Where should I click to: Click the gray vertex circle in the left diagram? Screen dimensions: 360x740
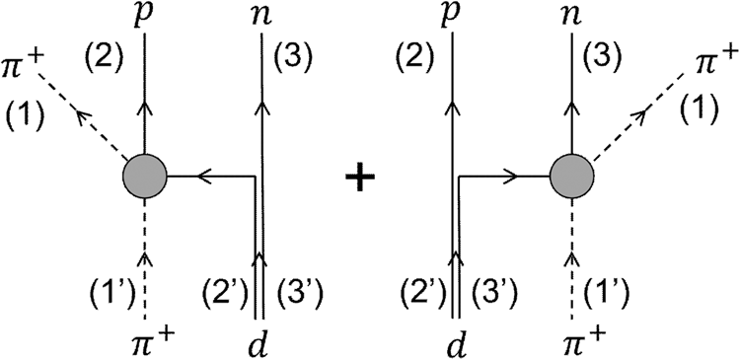click(x=145, y=178)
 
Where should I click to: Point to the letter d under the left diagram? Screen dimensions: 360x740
click(x=261, y=340)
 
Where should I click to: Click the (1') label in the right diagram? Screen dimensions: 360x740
click(x=612, y=293)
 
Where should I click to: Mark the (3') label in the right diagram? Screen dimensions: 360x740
click(x=492, y=293)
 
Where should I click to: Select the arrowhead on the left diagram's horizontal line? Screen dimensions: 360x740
click(x=205, y=178)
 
